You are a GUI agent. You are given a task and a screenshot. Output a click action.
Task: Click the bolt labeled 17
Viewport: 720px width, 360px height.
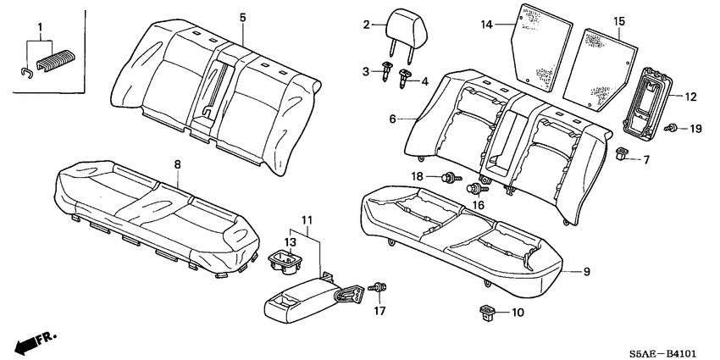tap(379, 291)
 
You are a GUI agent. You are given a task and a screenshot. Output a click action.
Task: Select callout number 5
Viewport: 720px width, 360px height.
tap(242, 17)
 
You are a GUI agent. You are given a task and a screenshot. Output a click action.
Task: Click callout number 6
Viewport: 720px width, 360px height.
tap(393, 119)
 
